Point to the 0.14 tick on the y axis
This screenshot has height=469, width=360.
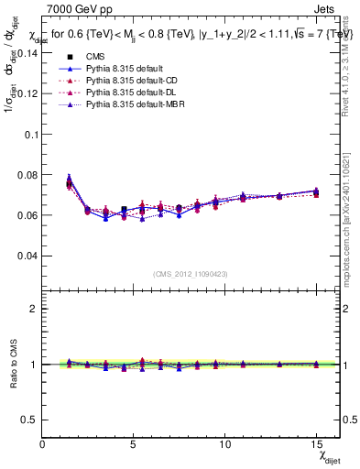coord(27,52)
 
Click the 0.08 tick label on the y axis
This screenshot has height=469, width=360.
coord(27,174)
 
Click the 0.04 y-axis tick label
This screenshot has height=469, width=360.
coord(27,256)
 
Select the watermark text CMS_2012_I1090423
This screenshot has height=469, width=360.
coord(190,273)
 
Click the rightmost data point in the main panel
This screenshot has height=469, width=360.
coord(316,191)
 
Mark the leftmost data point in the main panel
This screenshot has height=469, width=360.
coord(70,183)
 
